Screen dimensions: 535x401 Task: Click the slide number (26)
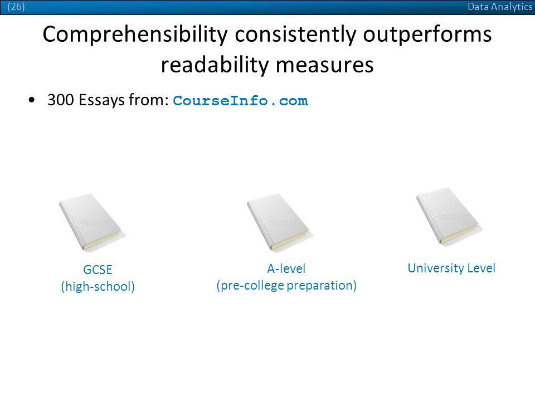pyautogui.click(x=16, y=7)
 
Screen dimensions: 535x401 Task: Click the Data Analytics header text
pyautogui.click(x=499, y=7)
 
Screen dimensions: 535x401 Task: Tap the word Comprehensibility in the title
pyautogui.click(x=135, y=35)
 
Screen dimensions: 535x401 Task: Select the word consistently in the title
pyautogui.click(x=295, y=35)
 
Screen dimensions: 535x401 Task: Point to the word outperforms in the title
pyautogui.click(x=427, y=35)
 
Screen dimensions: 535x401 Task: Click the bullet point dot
pyautogui.click(x=32, y=100)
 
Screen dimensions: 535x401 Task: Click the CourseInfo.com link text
pyautogui.click(x=241, y=101)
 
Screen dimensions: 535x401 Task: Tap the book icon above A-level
pyautogui.click(x=280, y=223)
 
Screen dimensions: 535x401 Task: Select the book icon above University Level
pyautogui.click(x=449, y=217)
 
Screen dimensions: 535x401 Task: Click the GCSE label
pyautogui.click(x=98, y=270)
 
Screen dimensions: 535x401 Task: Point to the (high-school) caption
pyautogui.click(x=98, y=286)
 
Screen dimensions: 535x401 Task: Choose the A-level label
pyautogui.click(x=286, y=268)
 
